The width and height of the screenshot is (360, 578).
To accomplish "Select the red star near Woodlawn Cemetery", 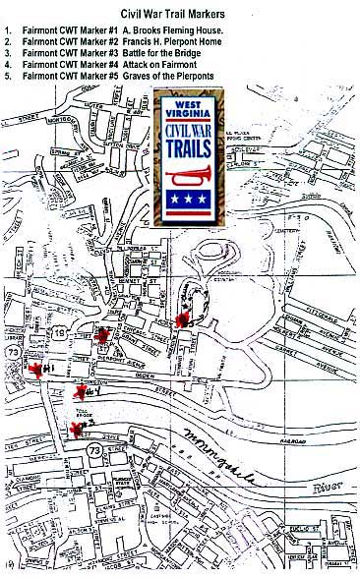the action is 181,319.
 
